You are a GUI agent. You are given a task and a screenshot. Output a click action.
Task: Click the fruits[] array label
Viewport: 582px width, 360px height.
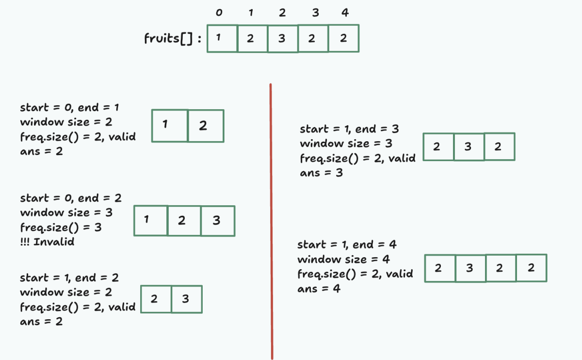tap(173, 39)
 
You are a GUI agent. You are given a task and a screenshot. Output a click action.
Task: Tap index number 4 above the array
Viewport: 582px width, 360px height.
tap(345, 13)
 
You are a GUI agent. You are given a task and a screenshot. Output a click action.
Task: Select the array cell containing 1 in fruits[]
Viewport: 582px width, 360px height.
tap(222, 38)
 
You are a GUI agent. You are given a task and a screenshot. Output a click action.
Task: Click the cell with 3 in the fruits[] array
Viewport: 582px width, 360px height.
tap(282, 38)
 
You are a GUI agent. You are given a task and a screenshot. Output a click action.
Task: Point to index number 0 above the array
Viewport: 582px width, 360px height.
tap(219, 13)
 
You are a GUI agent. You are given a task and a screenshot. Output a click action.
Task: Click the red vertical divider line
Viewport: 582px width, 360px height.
tap(271, 218)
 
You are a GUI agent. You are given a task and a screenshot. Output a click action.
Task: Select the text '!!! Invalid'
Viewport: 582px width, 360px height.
tap(47, 242)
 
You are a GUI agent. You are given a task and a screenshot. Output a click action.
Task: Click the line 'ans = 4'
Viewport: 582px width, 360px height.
tap(319, 289)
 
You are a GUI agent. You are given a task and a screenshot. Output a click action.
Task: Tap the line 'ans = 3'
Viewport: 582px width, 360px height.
tap(321, 173)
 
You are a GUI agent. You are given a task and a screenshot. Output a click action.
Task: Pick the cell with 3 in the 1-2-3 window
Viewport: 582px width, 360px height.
tap(217, 221)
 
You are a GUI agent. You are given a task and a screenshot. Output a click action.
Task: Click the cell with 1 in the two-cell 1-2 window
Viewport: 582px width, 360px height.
tap(170, 126)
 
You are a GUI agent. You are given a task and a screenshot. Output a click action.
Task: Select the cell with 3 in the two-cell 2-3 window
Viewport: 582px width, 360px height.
tap(186, 299)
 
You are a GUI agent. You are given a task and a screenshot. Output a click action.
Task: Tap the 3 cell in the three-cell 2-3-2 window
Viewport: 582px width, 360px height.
tap(469, 147)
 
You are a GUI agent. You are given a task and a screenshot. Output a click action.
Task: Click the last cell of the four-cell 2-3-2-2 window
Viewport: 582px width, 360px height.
tap(531, 268)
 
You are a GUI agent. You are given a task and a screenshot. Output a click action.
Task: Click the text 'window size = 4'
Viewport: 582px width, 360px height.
tap(343, 259)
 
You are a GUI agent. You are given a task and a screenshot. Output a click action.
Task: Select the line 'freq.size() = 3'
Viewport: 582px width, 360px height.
tap(61, 227)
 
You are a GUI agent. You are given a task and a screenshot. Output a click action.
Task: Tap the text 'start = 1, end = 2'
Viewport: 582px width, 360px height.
tap(69, 278)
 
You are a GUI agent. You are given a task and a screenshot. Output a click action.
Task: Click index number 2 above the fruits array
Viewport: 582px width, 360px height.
tap(282, 13)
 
